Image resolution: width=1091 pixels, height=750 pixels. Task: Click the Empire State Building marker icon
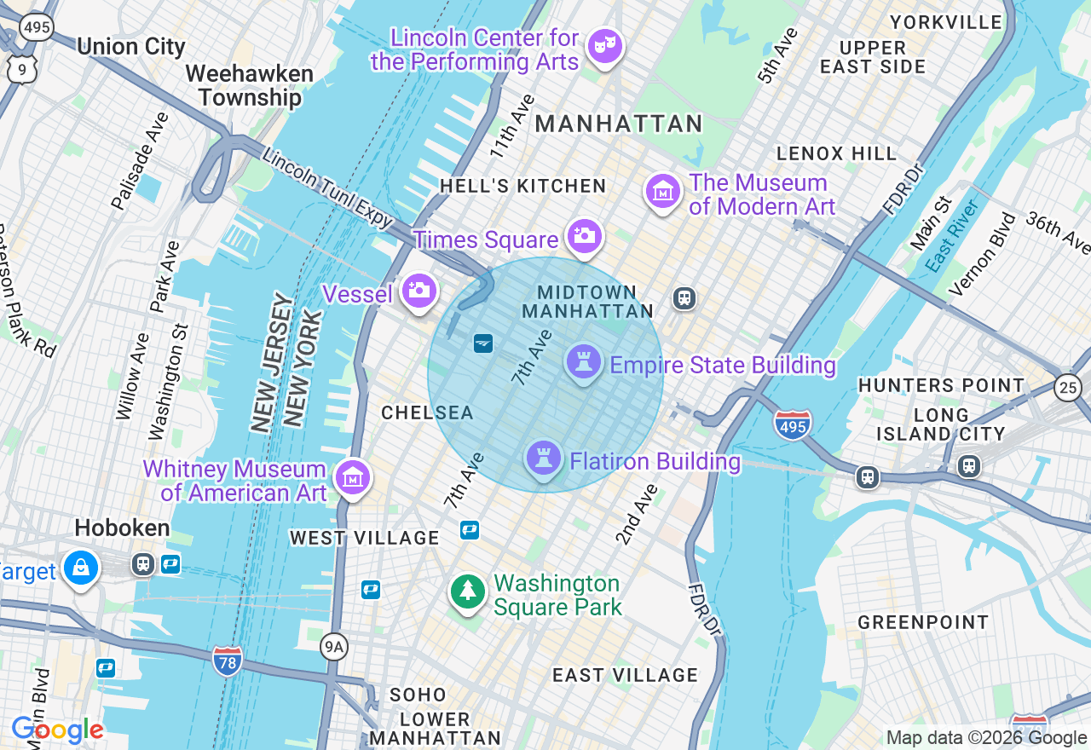pyautogui.click(x=584, y=361)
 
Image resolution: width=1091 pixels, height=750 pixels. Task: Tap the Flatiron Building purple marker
pyautogui.click(x=543, y=459)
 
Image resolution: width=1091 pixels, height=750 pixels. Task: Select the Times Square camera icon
pyautogui.click(x=584, y=235)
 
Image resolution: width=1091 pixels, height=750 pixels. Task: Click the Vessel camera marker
pyautogui.click(x=419, y=291)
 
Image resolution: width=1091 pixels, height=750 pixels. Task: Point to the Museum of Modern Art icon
pyautogui.click(x=662, y=191)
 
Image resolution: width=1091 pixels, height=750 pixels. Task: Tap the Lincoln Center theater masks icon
pyautogui.click(x=604, y=44)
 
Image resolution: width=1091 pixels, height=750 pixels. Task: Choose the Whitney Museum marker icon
pyautogui.click(x=352, y=477)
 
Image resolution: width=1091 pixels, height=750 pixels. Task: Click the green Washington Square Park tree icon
pyautogui.click(x=467, y=591)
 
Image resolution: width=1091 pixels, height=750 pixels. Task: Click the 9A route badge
pyautogui.click(x=333, y=648)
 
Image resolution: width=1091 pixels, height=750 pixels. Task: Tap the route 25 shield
pyautogui.click(x=1067, y=386)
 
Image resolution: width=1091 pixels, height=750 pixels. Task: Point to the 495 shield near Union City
pyautogui.click(x=37, y=29)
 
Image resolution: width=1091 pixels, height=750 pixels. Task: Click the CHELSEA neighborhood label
pyautogui.click(x=427, y=413)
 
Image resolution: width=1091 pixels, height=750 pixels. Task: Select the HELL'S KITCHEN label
pyautogui.click(x=523, y=186)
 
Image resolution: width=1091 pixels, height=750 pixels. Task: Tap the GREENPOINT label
pyautogui.click(x=923, y=622)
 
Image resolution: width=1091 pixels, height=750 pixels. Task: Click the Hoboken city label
pyautogui.click(x=122, y=528)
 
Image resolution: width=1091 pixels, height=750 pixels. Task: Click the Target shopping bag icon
pyautogui.click(x=81, y=567)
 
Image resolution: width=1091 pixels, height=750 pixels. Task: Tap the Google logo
pyautogui.click(x=57, y=730)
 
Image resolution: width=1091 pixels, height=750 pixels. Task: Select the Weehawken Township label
pyautogui.click(x=250, y=85)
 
